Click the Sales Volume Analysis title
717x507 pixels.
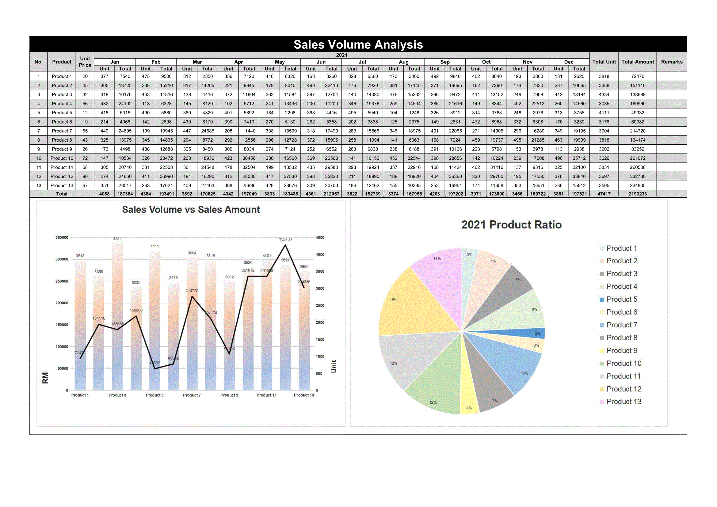point(358,45)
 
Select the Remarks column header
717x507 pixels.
point(671,62)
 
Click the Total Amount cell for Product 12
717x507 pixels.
point(637,176)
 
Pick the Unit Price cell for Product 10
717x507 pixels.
point(85,158)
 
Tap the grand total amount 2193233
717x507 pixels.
point(637,194)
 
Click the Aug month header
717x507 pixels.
point(403,62)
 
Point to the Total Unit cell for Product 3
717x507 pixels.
point(604,95)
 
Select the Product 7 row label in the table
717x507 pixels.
point(62,131)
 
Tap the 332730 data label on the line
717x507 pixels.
point(285,239)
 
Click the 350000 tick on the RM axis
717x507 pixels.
point(62,238)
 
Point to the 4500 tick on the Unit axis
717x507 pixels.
point(320,238)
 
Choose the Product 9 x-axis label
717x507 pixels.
point(229,395)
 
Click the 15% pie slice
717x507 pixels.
point(415,306)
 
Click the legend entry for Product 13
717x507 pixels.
point(624,402)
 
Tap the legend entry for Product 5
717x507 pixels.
point(621,299)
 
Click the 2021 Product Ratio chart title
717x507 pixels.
point(511,225)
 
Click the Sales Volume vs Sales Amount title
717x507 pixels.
point(191,209)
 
